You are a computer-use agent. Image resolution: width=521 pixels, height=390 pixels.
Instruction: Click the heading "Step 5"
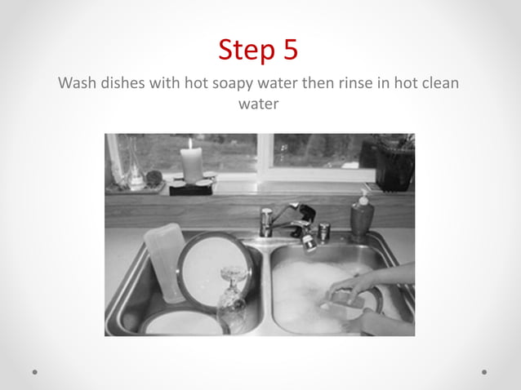pos(257,51)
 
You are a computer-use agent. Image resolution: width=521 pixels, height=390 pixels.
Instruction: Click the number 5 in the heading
pos(289,51)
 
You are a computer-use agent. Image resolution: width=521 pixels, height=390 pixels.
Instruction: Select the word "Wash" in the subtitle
pos(78,84)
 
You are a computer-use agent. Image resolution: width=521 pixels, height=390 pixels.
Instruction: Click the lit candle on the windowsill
pos(192,163)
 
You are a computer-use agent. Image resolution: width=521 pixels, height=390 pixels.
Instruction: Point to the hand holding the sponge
pos(351,286)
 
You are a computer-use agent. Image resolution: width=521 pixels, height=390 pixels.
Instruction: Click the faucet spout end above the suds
pos(309,242)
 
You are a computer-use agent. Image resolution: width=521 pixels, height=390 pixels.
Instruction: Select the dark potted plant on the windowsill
pos(395,163)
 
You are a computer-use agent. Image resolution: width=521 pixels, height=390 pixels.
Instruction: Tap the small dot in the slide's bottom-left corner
pos(35,371)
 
